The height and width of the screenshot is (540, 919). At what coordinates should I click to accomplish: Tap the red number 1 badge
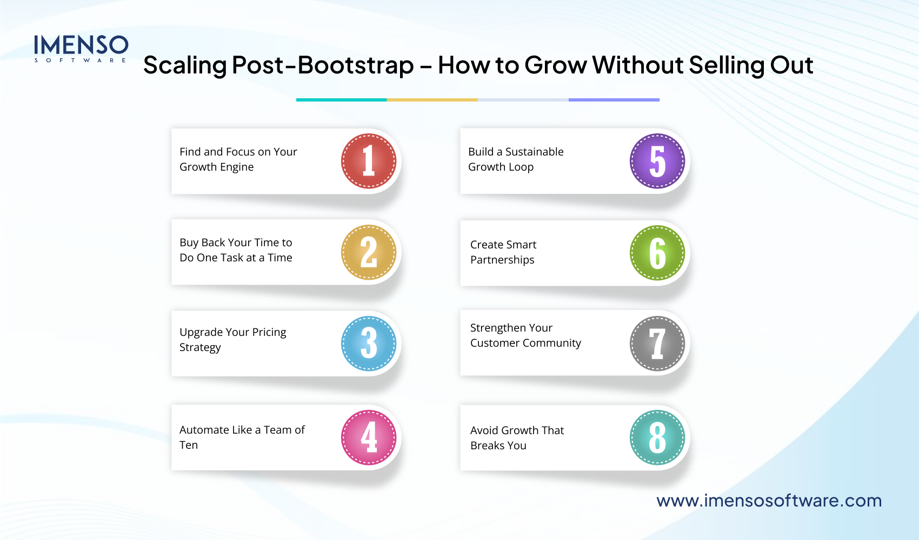pyautogui.click(x=369, y=161)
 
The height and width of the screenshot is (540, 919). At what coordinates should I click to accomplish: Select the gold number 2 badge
pyautogui.click(x=369, y=252)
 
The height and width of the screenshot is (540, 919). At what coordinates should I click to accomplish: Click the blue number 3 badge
pyautogui.click(x=369, y=343)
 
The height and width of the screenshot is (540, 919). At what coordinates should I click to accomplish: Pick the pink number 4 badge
pyautogui.click(x=369, y=437)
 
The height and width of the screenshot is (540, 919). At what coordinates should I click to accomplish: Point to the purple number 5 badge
pyautogui.click(x=657, y=161)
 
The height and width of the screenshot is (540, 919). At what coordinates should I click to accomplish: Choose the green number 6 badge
pyautogui.click(x=657, y=253)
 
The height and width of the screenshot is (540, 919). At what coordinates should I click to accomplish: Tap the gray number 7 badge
pyautogui.click(x=657, y=343)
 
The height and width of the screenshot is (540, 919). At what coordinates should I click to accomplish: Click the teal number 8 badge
pyautogui.click(x=657, y=437)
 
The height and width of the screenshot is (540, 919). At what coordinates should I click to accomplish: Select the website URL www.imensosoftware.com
pyautogui.click(x=769, y=501)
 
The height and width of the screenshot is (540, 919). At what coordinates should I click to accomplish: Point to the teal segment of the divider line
pyautogui.click(x=341, y=100)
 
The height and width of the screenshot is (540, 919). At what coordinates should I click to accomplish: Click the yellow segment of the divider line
pyautogui.click(x=432, y=100)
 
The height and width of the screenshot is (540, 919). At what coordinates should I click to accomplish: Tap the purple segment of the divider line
pyautogui.click(x=614, y=100)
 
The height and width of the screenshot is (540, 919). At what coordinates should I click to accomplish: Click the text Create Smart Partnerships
pyautogui.click(x=503, y=252)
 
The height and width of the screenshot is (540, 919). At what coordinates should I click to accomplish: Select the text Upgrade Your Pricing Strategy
pyautogui.click(x=232, y=340)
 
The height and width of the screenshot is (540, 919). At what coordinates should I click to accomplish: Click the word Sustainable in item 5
pyautogui.click(x=534, y=152)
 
